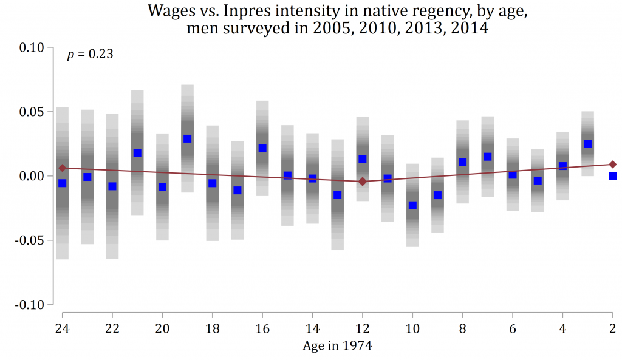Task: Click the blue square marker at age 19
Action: click(x=187, y=138)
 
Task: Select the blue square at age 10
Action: click(x=412, y=205)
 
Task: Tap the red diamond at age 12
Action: click(x=363, y=182)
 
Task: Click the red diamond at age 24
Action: click(x=62, y=168)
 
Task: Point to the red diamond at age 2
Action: click(x=613, y=164)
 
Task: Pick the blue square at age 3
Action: click(x=587, y=144)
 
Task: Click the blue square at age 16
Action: click(x=262, y=148)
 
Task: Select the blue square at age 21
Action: click(x=137, y=152)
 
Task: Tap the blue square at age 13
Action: click(x=337, y=195)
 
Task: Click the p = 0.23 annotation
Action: click(x=90, y=55)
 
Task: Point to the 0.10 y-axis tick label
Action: click(x=31, y=48)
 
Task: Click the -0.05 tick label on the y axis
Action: click(x=29, y=240)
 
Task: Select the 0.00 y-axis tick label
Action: click(x=31, y=176)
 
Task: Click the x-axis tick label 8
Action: click(x=463, y=327)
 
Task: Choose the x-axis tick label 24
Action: click(x=62, y=327)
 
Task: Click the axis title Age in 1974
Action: click(x=337, y=346)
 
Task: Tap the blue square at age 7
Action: click(x=487, y=157)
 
